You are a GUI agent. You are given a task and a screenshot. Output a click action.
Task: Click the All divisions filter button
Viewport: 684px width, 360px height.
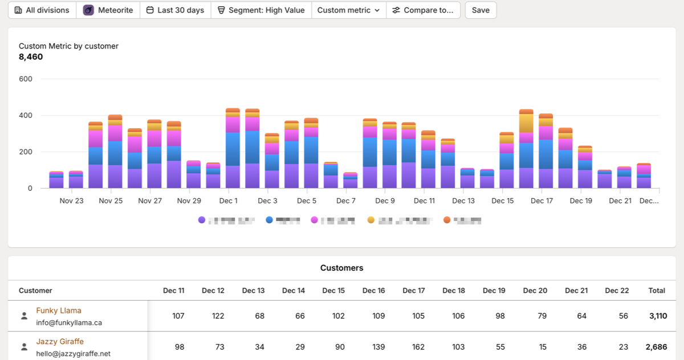pos(42,10)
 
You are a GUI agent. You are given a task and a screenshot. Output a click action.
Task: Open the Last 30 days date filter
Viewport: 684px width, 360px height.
pos(175,10)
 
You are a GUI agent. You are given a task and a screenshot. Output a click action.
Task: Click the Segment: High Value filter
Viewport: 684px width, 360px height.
pos(261,10)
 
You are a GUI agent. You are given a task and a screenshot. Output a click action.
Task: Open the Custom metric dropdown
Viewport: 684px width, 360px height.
pos(348,10)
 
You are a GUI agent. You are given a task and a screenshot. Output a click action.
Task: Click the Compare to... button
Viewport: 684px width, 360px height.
pos(423,10)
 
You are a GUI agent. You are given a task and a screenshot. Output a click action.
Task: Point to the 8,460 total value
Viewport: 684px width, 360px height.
pos(31,57)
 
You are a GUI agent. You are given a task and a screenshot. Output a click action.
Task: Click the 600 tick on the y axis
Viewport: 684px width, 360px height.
pos(26,79)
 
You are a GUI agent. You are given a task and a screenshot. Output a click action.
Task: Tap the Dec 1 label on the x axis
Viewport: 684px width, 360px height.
pos(229,201)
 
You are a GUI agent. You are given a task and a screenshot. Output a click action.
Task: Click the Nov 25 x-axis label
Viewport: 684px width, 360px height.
pos(111,201)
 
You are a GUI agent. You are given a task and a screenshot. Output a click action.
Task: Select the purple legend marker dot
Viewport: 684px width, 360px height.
pos(201,220)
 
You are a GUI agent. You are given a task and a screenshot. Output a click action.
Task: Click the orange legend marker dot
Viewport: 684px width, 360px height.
pos(447,220)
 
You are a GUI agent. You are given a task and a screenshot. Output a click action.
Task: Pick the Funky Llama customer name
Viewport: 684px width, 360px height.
pos(59,310)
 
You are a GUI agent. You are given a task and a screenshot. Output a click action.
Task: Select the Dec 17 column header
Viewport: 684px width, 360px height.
pos(413,291)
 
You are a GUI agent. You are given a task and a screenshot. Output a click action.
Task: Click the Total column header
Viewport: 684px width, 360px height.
pos(657,291)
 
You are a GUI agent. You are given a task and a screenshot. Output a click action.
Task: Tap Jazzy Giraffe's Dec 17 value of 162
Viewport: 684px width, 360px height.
pos(418,346)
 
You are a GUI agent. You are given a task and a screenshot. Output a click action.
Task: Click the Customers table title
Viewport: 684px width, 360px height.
pos(341,268)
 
